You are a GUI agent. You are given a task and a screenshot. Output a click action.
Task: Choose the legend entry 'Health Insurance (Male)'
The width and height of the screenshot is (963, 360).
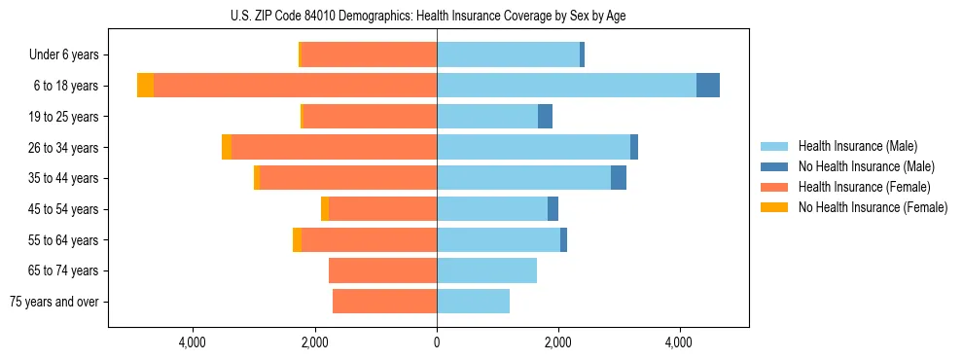click(856, 146)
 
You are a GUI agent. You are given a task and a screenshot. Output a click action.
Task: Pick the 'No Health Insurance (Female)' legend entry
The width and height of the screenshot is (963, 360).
click(872, 207)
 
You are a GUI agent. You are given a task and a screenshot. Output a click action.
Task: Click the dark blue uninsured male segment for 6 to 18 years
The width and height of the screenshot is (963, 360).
click(708, 86)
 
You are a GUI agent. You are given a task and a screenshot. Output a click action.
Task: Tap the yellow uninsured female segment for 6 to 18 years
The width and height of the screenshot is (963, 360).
click(145, 86)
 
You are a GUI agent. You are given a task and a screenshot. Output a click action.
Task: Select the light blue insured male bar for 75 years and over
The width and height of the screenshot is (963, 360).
click(473, 302)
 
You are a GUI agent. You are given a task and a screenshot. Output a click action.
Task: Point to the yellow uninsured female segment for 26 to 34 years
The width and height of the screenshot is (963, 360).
click(227, 147)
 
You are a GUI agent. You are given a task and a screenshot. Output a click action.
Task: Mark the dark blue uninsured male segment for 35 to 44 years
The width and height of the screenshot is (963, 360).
click(619, 178)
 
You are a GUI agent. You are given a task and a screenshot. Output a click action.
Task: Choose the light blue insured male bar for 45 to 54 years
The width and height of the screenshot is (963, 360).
click(492, 209)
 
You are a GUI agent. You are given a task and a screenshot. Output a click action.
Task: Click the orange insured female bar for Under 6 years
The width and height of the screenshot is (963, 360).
click(369, 55)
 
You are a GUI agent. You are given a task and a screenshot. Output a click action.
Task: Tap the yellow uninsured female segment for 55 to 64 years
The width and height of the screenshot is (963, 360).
click(297, 240)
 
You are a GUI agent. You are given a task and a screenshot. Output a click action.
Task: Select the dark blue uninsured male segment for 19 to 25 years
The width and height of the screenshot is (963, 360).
click(545, 117)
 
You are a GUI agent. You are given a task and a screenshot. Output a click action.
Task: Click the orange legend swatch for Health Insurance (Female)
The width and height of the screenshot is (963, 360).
click(774, 187)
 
